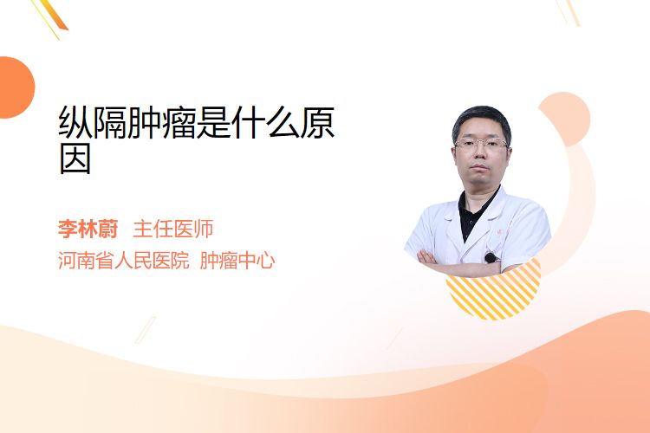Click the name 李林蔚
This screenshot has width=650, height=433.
88,229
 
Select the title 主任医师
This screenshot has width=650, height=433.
173,229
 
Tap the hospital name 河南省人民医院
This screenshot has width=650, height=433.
124,261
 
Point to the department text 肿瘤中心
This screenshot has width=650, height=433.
237,261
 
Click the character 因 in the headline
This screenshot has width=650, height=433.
75,158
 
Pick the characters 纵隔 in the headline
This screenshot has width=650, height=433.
93,123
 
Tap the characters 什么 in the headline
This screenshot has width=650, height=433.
265,123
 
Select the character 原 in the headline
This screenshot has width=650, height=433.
317,123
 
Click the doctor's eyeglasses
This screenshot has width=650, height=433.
481,145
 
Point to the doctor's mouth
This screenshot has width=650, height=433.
479,167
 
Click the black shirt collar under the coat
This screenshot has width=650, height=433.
476,211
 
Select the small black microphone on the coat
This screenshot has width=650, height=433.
491,258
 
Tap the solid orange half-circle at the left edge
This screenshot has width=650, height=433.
16,87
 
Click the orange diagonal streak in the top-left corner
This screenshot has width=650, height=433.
53,16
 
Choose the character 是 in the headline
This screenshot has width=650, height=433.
213,123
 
